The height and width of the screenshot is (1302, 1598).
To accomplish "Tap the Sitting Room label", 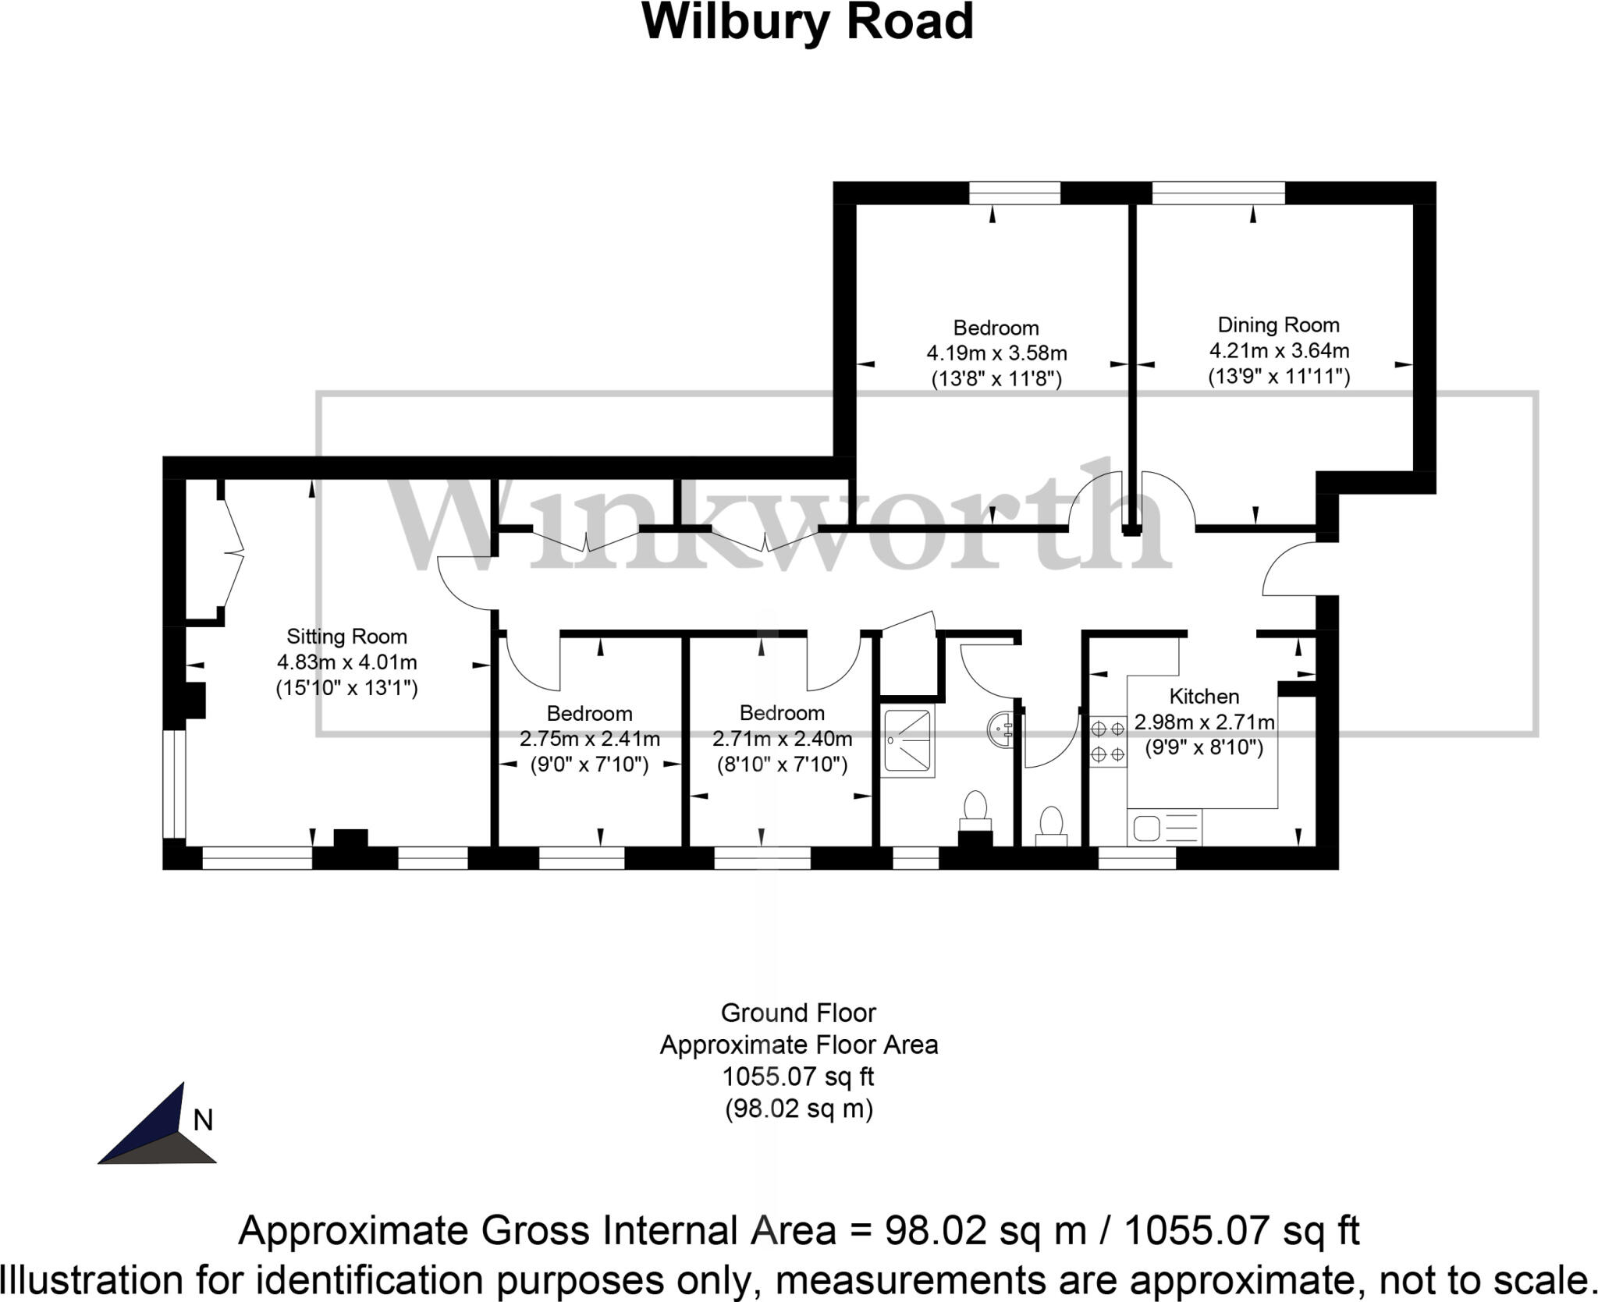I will pos(346,637).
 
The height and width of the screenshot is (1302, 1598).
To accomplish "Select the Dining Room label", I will pos(1278,325).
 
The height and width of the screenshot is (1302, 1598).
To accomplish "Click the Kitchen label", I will pos(1204,696).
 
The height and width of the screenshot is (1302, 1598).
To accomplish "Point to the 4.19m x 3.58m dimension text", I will pos(996,353).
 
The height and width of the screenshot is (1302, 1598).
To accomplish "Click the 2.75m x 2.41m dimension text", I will pos(590,738).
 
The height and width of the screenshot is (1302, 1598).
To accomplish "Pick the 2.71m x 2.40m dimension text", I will pos(782,738).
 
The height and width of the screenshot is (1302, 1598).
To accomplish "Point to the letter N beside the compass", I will pos(203,1120).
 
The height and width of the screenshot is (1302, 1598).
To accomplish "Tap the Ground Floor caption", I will pos(798,1013).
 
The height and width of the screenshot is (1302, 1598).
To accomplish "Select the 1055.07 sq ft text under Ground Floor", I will pos(798,1077).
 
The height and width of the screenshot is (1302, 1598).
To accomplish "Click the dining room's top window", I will pos(1218,193).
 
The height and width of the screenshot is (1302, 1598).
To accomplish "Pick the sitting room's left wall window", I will pos(174,783).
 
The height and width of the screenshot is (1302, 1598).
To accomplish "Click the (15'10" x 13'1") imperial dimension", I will pos(346,688).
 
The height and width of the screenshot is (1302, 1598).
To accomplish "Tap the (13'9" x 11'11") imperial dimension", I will pos(1278,377).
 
